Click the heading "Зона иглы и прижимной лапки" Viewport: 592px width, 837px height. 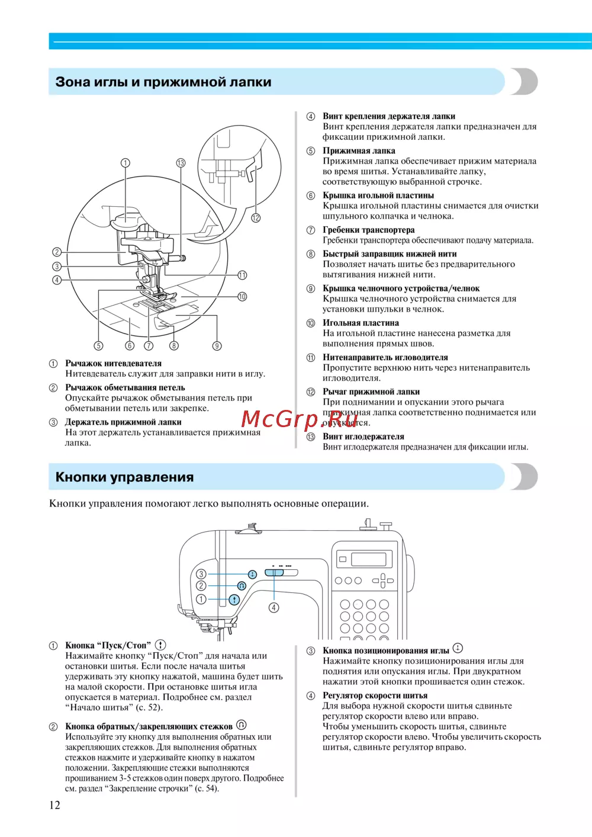point(163,82)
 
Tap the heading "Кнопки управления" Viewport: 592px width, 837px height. point(124,477)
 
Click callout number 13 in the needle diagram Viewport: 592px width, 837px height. point(181,163)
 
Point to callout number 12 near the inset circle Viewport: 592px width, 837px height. point(256,217)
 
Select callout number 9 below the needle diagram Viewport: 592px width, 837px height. point(217,346)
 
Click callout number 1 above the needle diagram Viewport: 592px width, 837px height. point(125,163)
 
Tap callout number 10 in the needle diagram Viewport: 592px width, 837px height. point(242,297)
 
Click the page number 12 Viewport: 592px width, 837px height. point(54,804)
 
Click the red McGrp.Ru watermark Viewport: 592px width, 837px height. point(300,419)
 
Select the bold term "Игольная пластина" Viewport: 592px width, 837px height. point(361,323)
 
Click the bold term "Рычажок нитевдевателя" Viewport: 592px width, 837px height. point(113,363)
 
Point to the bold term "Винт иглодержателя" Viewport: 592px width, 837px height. point(363,437)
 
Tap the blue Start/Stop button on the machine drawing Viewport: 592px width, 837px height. point(235,599)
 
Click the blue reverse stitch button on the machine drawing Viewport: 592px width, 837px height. point(242,586)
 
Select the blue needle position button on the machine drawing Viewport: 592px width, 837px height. point(252,574)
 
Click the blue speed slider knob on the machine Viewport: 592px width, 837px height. point(274,572)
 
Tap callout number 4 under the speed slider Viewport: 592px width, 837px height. point(274,607)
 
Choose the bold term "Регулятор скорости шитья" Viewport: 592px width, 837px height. point(375,695)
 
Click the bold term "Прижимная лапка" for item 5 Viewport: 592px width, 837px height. point(359,150)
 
